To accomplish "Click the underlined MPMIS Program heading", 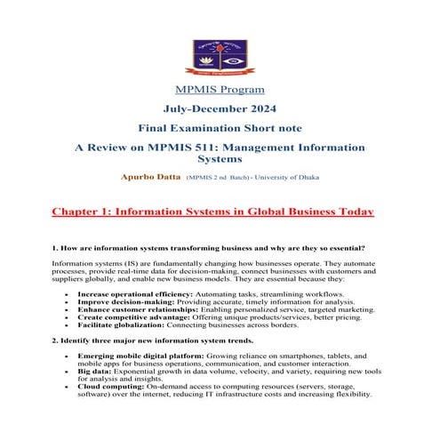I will tap(219, 90).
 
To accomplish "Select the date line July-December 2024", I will tap(219, 109).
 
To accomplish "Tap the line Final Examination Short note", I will tap(219, 129).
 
